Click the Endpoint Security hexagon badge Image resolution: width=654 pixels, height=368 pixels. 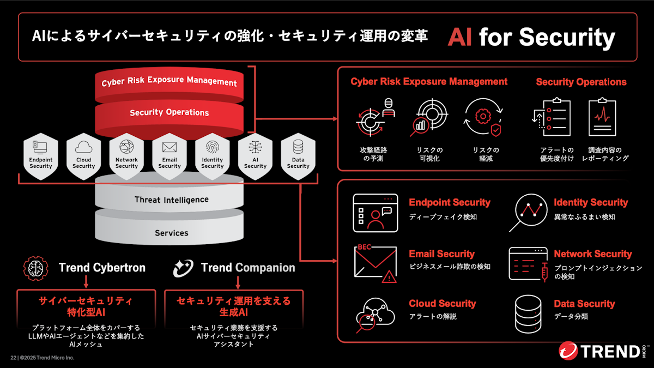pyautogui.click(x=40, y=156)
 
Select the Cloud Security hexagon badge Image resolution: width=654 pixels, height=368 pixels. pyautogui.click(x=83, y=156)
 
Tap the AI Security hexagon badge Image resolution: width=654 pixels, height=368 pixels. pyautogui.click(x=255, y=156)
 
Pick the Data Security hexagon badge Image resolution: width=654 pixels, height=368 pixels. pyautogui.click(x=298, y=156)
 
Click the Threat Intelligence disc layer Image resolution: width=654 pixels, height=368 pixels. pyautogui.click(x=169, y=196)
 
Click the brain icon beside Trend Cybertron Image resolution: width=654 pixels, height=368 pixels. pyautogui.click(x=35, y=268)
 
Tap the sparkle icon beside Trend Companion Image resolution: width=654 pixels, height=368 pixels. pyautogui.click(x=183, y=268)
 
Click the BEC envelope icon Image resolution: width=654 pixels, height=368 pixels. pyautogui.click(x=376, y=263)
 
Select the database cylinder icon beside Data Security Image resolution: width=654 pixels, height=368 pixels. pyautogui.click(x=528, y=314)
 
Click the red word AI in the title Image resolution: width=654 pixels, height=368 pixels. pyautogui.click(x=459, y=38)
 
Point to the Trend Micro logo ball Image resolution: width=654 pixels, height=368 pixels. pyautogui.click(x=568, y=351)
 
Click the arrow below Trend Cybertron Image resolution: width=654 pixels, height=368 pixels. pyautogui.click(x=86, y=281)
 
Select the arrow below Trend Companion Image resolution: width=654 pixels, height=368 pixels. pyautogui.click(x=238, y=282)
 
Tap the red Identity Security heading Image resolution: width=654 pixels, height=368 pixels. pyautogui.click(x=591, y=202)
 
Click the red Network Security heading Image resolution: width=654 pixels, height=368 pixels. pyautogui.click(x=593, y=254)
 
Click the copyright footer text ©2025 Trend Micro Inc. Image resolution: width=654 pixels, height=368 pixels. pyautogui.click(x=47, y=358)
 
